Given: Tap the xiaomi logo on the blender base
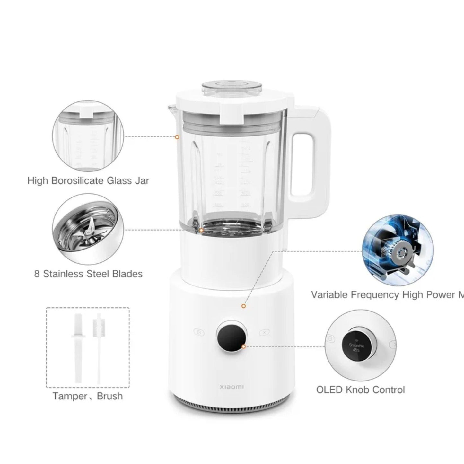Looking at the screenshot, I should pos(232,387).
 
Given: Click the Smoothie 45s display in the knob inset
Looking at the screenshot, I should pos(356,347).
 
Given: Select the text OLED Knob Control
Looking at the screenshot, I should pos(360,390).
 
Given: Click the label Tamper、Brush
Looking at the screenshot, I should pos(88,396).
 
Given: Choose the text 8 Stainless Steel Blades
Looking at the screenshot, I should pos(88,274).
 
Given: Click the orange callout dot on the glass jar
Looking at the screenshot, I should pos(177,137).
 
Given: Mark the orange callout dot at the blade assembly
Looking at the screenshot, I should pos(201,230).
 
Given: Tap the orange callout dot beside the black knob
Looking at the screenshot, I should pos(243,346).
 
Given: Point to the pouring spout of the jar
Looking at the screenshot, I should pos(171,109).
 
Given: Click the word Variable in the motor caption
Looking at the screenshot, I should pos(329,295).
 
